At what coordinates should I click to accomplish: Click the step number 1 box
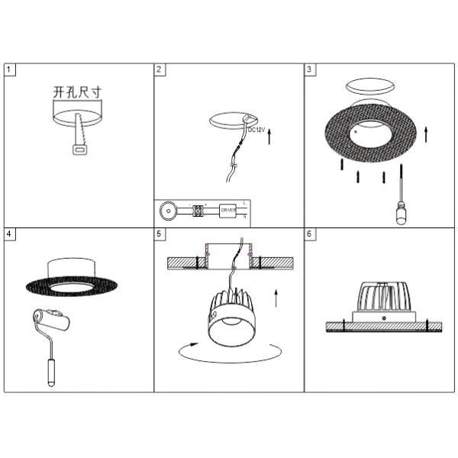[x=8, y=69]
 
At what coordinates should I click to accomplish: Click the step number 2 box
[x=160, y=69]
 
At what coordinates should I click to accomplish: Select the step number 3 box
[x=310, y=69]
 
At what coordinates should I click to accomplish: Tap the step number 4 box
[x=8, y=234]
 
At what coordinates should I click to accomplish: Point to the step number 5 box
[x=160, y=234]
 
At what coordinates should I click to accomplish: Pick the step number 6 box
[x=310, y=234]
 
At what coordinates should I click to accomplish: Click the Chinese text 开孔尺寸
[x=77, y=92]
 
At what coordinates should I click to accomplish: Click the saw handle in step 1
[x=79, y=150]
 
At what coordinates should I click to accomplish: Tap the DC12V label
[x=256, y=130]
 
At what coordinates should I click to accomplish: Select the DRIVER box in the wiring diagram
[x=228, y=210]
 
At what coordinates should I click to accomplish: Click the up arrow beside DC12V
[x=271, y=137]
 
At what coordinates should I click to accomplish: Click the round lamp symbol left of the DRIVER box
[x=169, y=209]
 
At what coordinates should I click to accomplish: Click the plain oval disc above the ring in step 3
[x=369, y=85]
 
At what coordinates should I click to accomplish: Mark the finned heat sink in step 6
[x=383, y=297]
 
